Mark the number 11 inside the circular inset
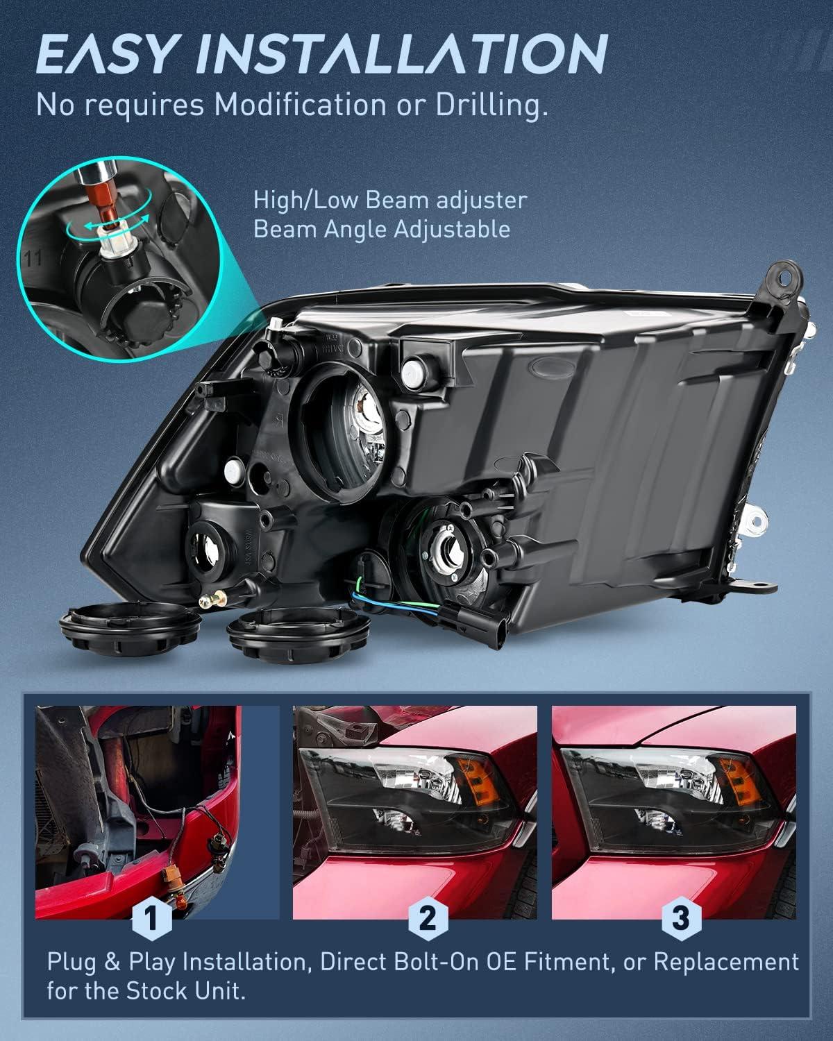[33, 259]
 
